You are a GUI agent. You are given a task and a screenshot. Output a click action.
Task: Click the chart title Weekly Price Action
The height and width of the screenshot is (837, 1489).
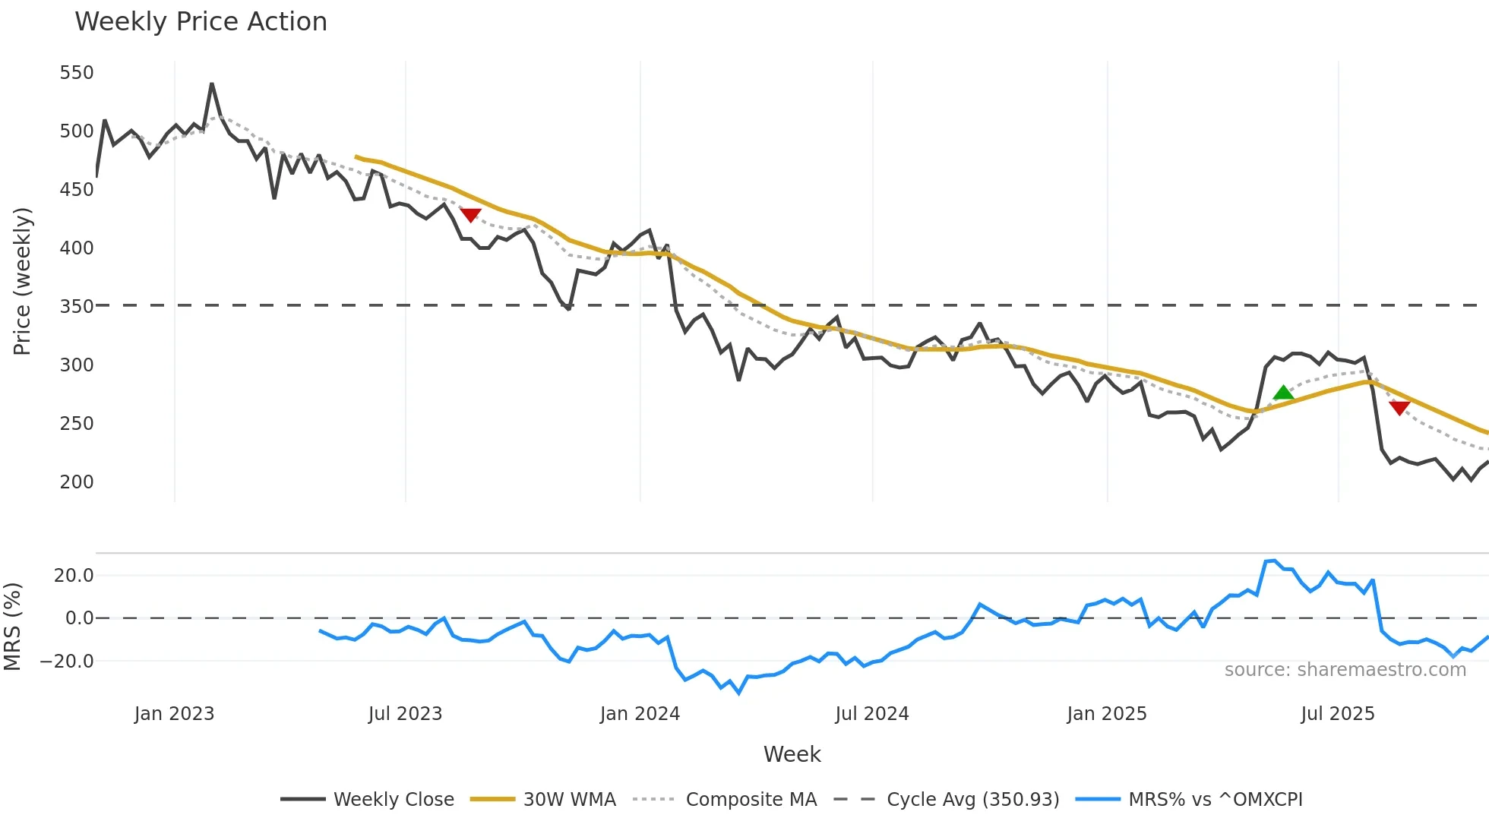[201, 21]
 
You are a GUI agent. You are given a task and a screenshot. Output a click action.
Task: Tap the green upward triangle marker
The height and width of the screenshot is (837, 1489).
[1283, 393]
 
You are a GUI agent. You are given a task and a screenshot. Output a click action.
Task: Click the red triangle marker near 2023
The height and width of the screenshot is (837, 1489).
[471, 215]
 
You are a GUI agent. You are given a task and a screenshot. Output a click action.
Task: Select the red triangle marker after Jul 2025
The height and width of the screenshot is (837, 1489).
[1399, 408]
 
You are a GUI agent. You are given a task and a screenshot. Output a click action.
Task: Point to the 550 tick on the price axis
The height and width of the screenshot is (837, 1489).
[77, 73]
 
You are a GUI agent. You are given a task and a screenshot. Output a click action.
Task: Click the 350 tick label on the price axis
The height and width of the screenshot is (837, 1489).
[77, 306]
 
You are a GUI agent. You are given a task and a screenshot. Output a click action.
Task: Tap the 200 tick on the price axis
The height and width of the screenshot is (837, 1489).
[77, 482]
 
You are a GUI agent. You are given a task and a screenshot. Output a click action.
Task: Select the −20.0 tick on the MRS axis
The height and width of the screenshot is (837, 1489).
[67, 661]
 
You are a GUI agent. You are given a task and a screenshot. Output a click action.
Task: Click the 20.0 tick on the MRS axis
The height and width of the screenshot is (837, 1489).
[74, 575]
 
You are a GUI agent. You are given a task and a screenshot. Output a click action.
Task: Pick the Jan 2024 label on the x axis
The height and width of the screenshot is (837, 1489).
[640, 714]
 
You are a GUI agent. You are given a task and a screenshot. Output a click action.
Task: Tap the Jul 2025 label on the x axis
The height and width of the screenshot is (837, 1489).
[1338, 714]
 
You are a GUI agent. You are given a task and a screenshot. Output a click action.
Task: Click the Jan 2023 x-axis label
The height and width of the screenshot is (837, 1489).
[175, 714]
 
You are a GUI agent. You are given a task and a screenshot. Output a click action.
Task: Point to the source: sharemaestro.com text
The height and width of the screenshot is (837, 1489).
[1345, 669]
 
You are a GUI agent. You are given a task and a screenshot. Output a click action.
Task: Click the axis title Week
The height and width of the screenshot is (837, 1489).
[792, 754]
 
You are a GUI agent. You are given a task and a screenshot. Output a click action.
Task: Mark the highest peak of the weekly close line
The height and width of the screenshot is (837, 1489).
[212, 84]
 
